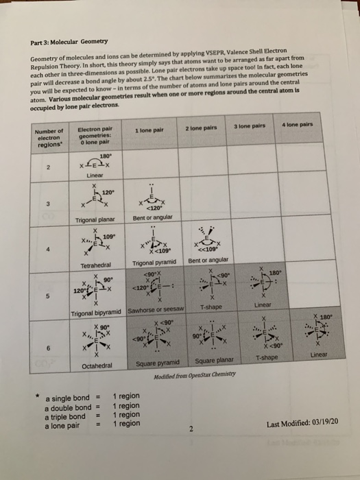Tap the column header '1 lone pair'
(x=149, y=131)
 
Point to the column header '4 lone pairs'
(x=301, y=125)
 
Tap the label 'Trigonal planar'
(x=96, y=219)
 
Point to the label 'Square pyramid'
(x=158, y=363)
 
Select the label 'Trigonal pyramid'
(x=154, y=263)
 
